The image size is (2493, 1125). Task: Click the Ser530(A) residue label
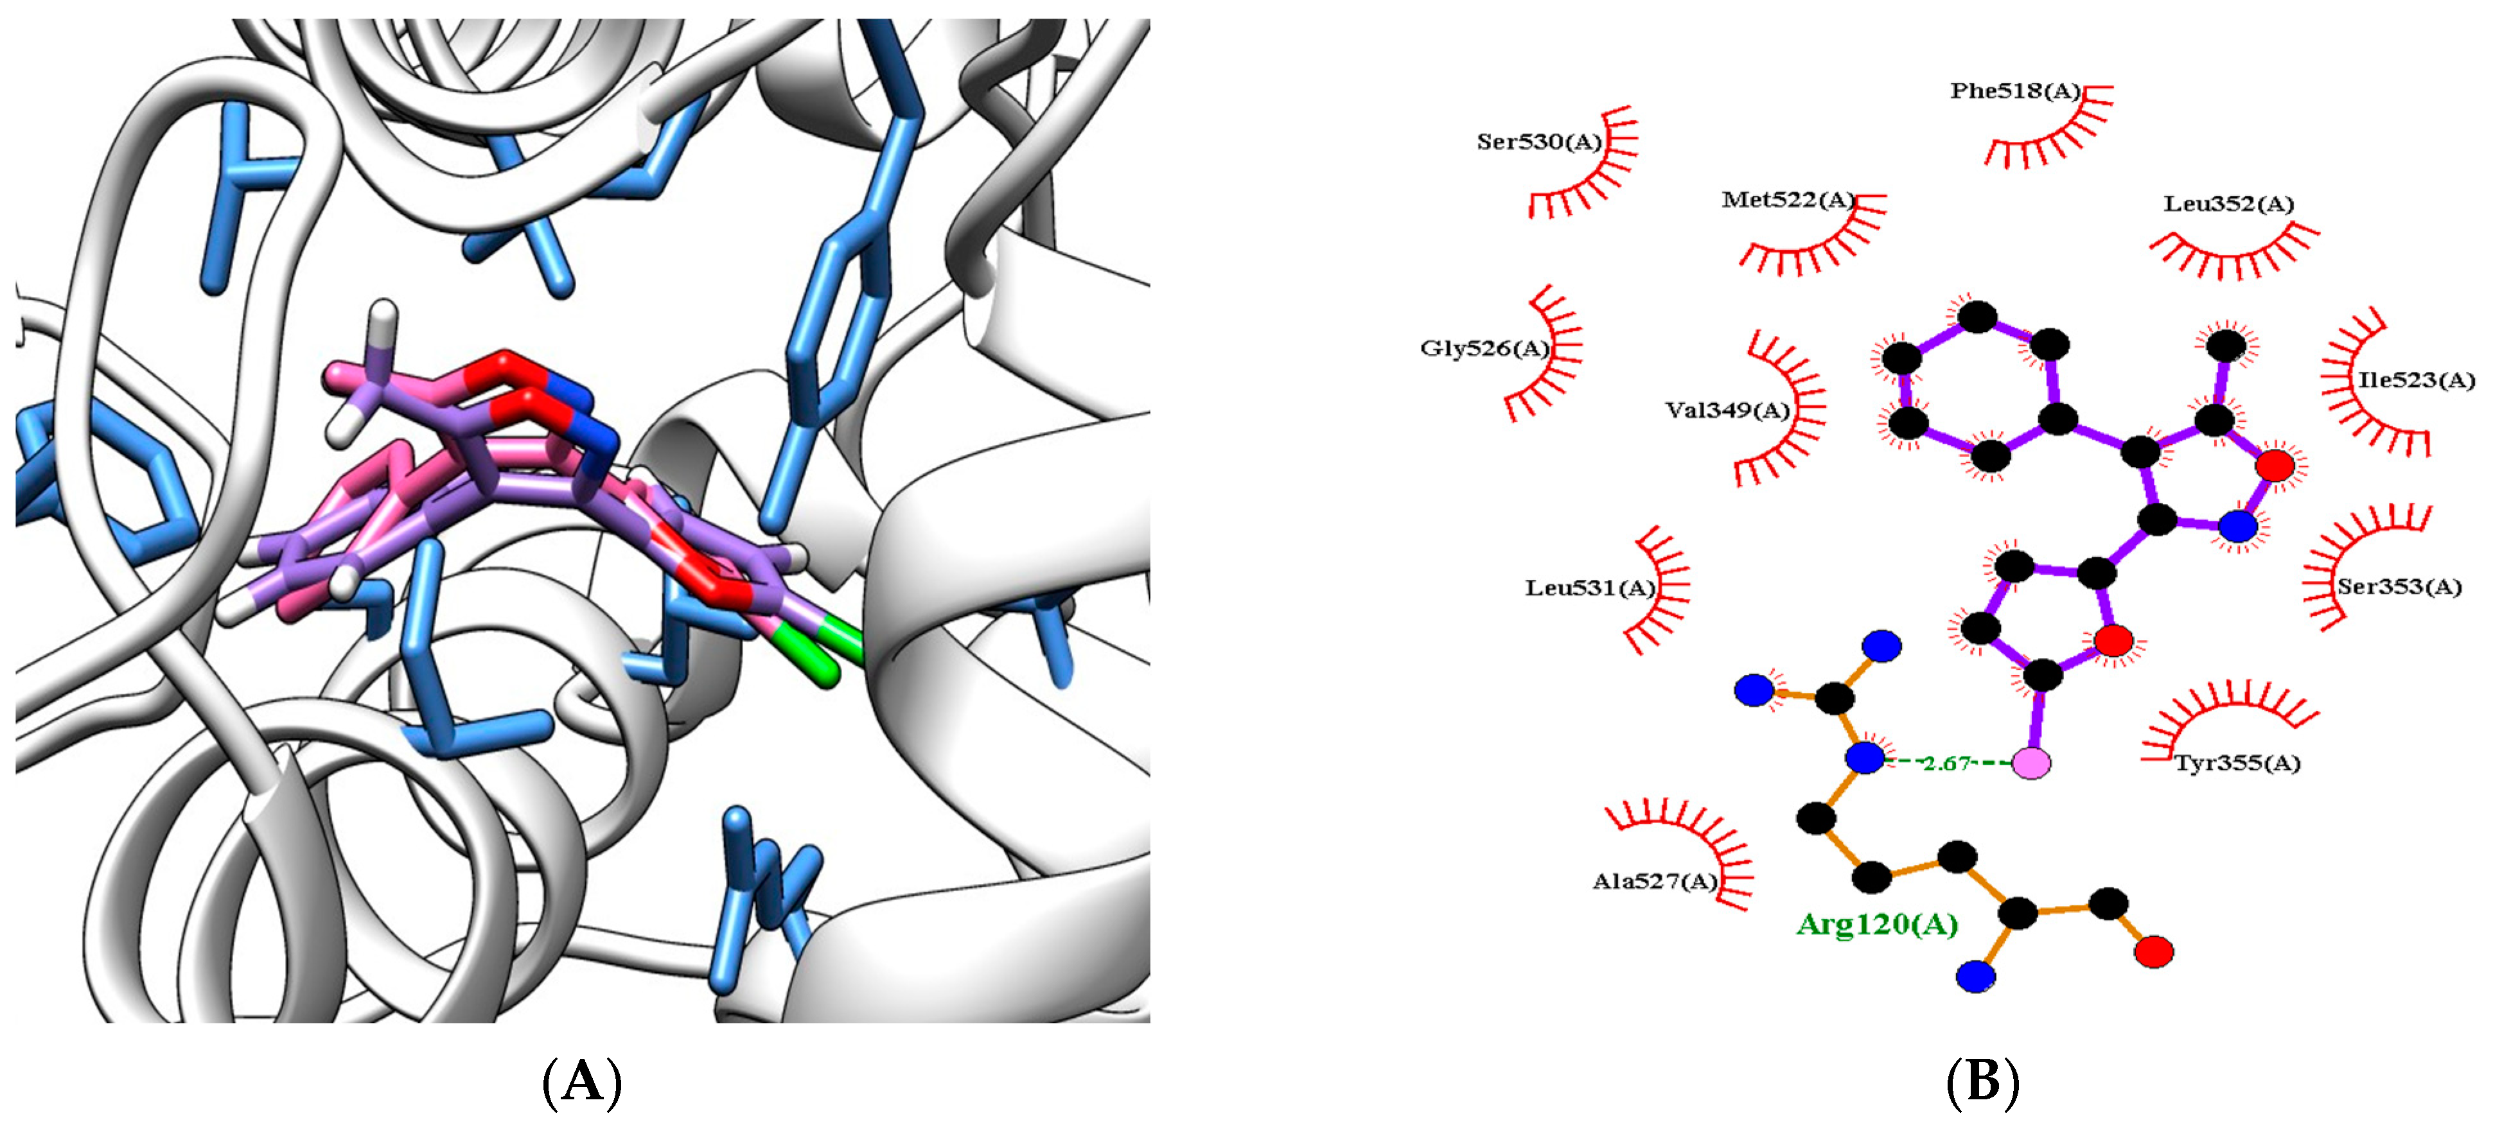click(1538, 142)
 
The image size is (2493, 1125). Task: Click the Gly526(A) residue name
click(1484, 348)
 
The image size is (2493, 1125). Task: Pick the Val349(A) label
click(1727, 410)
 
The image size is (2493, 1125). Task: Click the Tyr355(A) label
click(2237, 763)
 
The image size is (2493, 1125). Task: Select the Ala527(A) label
click(1655, 881)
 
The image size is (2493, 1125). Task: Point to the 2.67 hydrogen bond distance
click(1947, 763)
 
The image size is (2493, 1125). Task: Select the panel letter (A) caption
click(581, 1081)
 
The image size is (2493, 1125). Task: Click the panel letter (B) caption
click(1983, 1081)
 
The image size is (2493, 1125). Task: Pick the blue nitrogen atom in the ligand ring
click(2237, 527)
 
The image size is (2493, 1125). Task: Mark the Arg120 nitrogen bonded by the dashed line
click(1865, 758)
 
